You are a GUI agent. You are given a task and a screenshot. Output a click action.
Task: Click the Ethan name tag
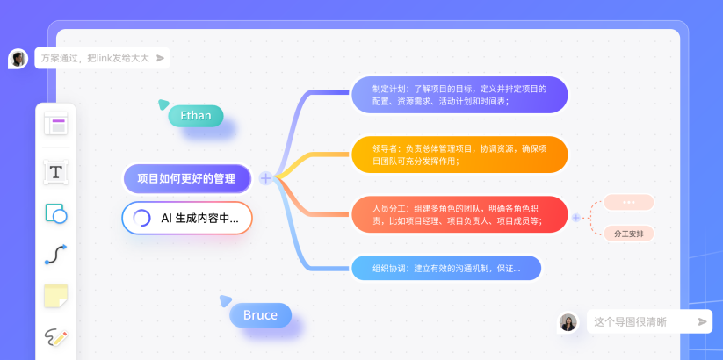pyautogui.click(x=196, y=115)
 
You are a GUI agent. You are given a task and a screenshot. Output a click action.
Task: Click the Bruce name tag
pyautogui.click(x=260, y=315)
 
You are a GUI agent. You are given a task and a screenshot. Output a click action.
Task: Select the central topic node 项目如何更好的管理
pyautogui.click(x=187, y=178)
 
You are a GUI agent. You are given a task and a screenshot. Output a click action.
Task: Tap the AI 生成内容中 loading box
pyautogui.click(x=187, y=218)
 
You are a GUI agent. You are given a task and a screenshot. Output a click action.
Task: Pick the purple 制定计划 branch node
pyautogui.click(x=459, y=95)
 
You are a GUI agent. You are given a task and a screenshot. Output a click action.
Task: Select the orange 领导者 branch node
pyautogui.click(x=459, y=155)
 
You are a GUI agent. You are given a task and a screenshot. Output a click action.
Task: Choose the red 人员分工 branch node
pyautogui.click(x=459, y=214)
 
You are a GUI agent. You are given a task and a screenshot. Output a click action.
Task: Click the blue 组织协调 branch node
pyautogui.click(x=446, y=268)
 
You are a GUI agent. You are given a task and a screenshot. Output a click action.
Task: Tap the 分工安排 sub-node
pyautogui.click(x=628, y=234)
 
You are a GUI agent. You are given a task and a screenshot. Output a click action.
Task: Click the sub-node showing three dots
pyautogui.click(x=628, y=202)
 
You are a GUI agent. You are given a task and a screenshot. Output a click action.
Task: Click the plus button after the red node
pyautogui.click(x=576, y=217)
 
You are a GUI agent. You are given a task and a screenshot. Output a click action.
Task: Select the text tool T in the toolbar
pyautogui.click(x=56, y=172)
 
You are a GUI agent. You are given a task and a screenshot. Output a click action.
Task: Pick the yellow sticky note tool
pyautogui.click(x=56, y=296)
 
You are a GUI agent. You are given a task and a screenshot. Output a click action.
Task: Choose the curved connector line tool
pyautogui.click(x=56, y=255)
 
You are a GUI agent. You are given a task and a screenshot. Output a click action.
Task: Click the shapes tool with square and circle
pyautogui.click(x=56, y=213)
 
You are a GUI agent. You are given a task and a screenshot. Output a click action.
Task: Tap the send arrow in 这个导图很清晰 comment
pyautogui.click(x=702, y=322)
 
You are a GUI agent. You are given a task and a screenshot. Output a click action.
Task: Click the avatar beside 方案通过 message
pyautogui.click(x=18, y=59)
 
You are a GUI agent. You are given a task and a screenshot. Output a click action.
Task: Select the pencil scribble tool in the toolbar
pyautogui.click(x=56, y=337)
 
